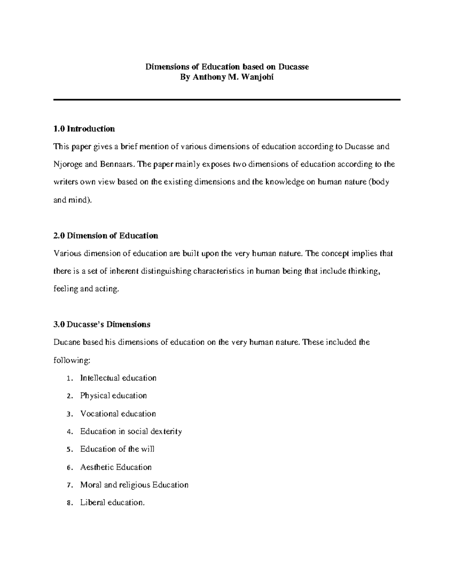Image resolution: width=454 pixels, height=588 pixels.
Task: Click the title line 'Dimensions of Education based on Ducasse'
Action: [227, 67]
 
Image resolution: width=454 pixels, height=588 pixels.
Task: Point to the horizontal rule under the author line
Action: [227, 100]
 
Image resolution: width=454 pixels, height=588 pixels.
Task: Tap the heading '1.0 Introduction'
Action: [84, 129]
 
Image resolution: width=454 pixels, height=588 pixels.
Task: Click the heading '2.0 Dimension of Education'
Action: [106, 236]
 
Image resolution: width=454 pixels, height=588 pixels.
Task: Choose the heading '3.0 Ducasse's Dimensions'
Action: [102, 324]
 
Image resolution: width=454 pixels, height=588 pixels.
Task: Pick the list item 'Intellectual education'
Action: [118, 378]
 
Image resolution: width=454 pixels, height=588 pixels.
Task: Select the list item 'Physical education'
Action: [113, 396]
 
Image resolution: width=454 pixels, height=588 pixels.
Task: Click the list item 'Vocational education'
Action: [118, 413]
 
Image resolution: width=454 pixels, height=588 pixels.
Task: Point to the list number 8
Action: [68, 503]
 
